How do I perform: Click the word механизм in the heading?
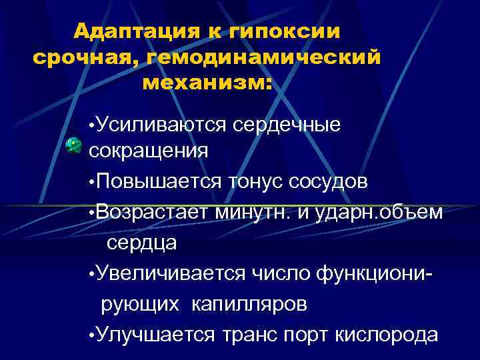(x=207, y=84)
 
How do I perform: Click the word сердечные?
(x=288, y=123)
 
